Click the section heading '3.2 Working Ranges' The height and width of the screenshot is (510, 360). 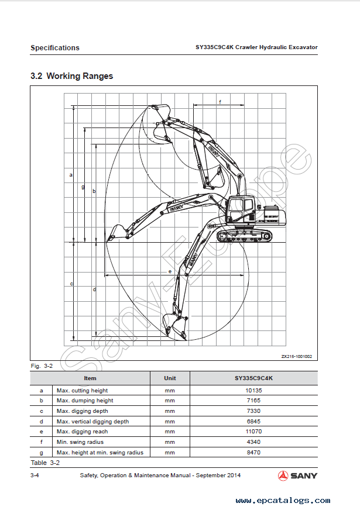click(x=71, y=76)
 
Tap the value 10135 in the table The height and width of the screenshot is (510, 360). click(x=253, y=390)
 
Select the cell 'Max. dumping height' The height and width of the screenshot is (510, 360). click(x=85, y=401)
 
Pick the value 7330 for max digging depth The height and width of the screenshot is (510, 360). click(x=253, y=411)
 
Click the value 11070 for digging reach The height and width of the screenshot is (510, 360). click(x=253, y=432)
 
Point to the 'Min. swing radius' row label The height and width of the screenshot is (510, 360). click(x=80, y=442)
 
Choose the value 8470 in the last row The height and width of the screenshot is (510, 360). click(x=253, y=453)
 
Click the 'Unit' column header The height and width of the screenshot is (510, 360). click(x=170, y=378)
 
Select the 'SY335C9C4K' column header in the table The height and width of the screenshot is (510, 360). click(x=253, y=378)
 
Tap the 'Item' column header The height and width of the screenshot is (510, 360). click(x=90, y=378)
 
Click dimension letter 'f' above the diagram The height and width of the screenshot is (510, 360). click(x=220, y=102)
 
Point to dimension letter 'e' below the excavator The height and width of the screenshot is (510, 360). click(x=169, y=271)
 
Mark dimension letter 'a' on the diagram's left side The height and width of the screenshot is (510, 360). click(x=71, y=174)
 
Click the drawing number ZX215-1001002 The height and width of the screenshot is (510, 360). click(x=296, y=356)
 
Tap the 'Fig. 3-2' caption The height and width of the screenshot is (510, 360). click(x=42, y=366)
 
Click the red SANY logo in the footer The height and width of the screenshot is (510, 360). click(x=297, y=475)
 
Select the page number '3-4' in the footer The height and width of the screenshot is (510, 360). click(x=35, y=475)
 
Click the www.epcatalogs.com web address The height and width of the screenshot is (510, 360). click(x=283, y=501)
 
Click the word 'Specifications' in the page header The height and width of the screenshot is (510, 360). click(x=55, y=48)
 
